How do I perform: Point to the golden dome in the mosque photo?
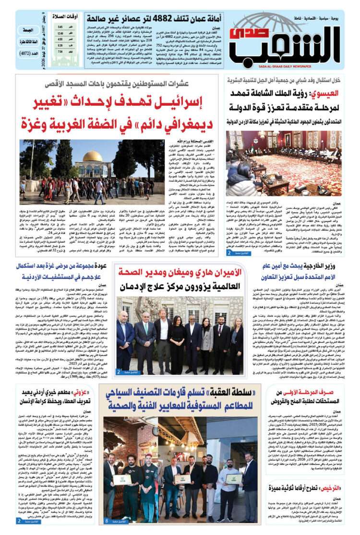click(x=93, y=157)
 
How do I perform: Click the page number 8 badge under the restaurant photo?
click(x=107, y=521)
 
